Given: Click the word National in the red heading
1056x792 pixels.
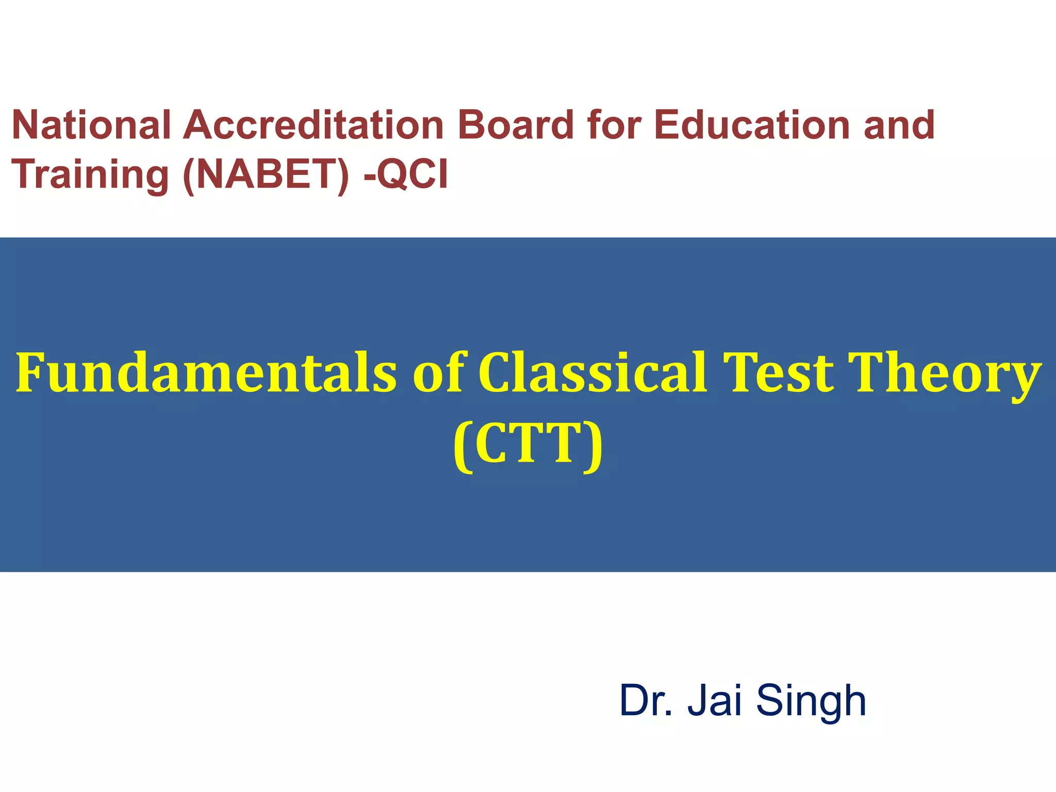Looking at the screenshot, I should [91, 125].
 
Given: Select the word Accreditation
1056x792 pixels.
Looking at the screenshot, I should [313, 125].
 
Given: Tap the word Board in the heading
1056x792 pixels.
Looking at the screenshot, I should [516, 125].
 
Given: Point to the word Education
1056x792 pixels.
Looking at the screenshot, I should [752, 125].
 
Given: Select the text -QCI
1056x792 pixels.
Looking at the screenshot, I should [406, 174].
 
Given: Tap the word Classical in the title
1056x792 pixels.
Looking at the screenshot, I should [592, 372].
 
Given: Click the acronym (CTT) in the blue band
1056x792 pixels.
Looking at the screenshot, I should [528, 444].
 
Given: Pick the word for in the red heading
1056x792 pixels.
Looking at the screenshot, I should [614, 125].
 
